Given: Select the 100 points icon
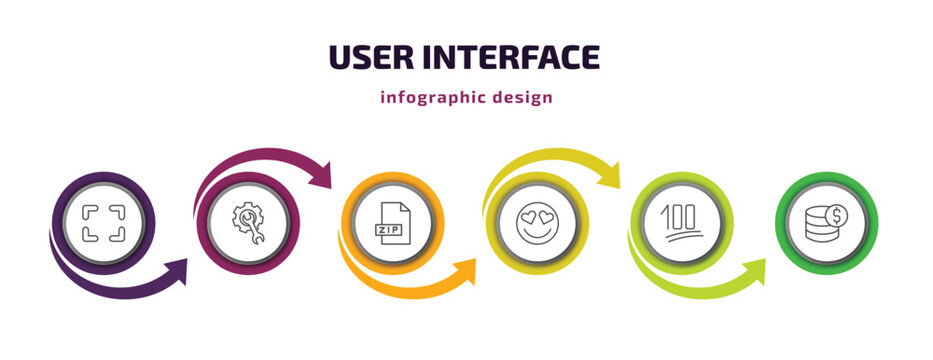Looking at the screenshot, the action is [x=683, y=222].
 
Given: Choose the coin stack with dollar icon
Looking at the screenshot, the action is [x=827, y=222].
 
